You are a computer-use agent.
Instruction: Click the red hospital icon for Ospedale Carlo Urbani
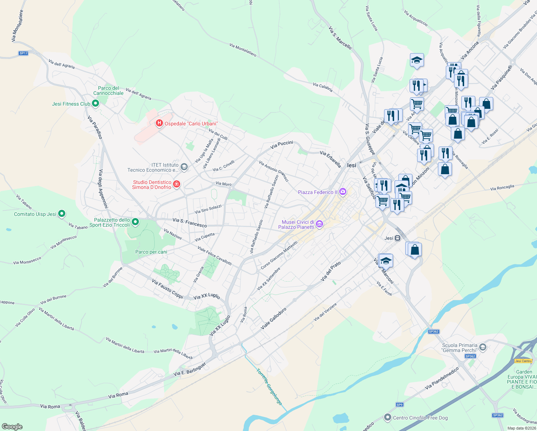[159, 123]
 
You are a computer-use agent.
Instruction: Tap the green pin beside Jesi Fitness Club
[95, 103]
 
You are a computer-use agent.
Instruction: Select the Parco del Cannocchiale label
[108, 91]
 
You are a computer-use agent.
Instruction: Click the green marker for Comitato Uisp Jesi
[62, 214]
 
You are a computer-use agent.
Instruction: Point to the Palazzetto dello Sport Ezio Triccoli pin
[135, 222]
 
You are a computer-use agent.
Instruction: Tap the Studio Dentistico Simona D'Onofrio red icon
[176, 184]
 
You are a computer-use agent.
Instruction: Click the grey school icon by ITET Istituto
[184, 167]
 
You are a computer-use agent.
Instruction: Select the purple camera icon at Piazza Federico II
[343, 192]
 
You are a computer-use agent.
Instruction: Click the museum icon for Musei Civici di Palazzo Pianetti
[319, 224]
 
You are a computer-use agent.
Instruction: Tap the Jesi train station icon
[397, 238]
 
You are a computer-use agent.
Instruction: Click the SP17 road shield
[23, 53]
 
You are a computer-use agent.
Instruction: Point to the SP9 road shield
[400, 404]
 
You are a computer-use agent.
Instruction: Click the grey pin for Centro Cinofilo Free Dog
[387, 417]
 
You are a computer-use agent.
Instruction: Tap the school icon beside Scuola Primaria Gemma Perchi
[483, 347]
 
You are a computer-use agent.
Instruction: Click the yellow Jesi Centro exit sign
[523, 361]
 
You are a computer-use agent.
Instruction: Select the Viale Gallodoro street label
[274, 319]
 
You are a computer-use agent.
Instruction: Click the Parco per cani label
[151, 252]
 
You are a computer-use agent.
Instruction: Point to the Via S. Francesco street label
[190, 223]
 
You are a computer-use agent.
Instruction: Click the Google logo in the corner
[12, 426]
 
